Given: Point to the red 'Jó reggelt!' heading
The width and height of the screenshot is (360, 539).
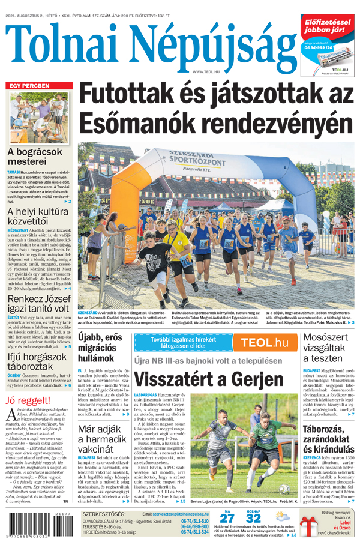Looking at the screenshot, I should tap(28, 401).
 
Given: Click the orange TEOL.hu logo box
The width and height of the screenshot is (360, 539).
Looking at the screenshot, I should tap(268, 343).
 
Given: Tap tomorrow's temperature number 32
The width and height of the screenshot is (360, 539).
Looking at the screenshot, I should tap(253, 518).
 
